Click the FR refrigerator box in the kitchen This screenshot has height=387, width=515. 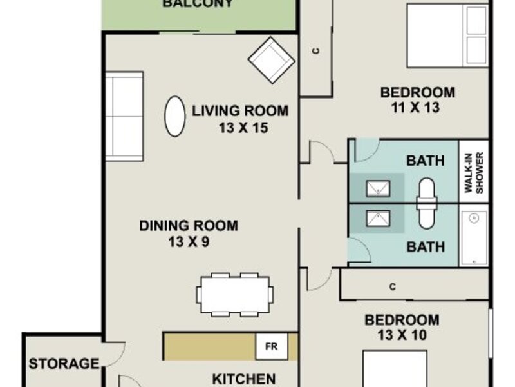[x=272, y=346]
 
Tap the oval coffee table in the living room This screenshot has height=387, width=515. [x=174, y=116]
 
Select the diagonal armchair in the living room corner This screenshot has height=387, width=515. [x=271, y=60]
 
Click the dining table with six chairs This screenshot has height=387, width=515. [x=235, y=295]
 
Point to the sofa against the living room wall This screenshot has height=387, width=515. [x=124, y=116]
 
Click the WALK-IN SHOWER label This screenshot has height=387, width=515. [x=474, y=172]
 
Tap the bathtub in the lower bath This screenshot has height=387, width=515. [x=474, y=238]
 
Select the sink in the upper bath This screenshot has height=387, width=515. [x=378, y=188]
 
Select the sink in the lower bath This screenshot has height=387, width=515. [x=378, y=219]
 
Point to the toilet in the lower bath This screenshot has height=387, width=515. [x=427, y=216]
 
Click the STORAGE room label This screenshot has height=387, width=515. [x=64, y=364]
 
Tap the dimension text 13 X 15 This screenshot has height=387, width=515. [x=243, y=128]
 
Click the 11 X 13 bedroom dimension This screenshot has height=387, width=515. [x=415, y=107]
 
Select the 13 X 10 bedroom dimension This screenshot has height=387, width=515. [x=402, y=335]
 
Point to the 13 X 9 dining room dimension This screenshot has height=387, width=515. [x=189, y=242]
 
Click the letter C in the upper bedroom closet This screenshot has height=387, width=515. [x=316, y=51]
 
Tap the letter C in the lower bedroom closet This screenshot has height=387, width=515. [x=393, y=287]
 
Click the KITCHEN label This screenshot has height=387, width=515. [x=244, y=379]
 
